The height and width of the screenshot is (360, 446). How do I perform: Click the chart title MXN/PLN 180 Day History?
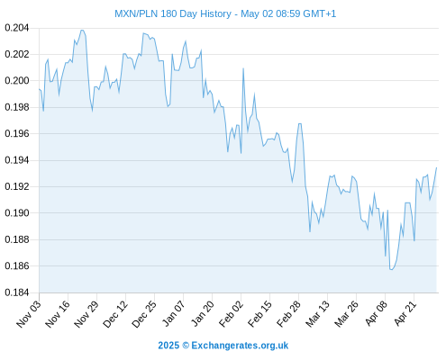point(173,13)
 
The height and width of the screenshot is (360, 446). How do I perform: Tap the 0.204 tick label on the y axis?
point(17,28)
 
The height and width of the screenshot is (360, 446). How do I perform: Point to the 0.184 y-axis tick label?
point(17,292)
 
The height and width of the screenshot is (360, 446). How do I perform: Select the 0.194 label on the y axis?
point(17,160)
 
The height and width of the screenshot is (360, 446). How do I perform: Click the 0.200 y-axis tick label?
point(17,81)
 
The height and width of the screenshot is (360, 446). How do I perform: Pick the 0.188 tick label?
point(17,239)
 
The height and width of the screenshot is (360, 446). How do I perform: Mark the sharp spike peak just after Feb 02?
point(243,68)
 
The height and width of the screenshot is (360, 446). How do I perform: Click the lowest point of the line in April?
point(391,269)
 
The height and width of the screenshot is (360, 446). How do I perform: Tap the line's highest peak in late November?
point(82,30)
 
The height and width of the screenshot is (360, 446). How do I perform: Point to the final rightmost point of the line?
point(436,167)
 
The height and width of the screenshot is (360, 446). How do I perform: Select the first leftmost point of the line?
point(40,89)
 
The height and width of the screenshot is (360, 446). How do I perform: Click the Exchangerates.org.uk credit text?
point(240,346)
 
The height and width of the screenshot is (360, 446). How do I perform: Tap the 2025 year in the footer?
point(168,346)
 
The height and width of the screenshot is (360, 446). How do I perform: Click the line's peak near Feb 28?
point(300,123)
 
